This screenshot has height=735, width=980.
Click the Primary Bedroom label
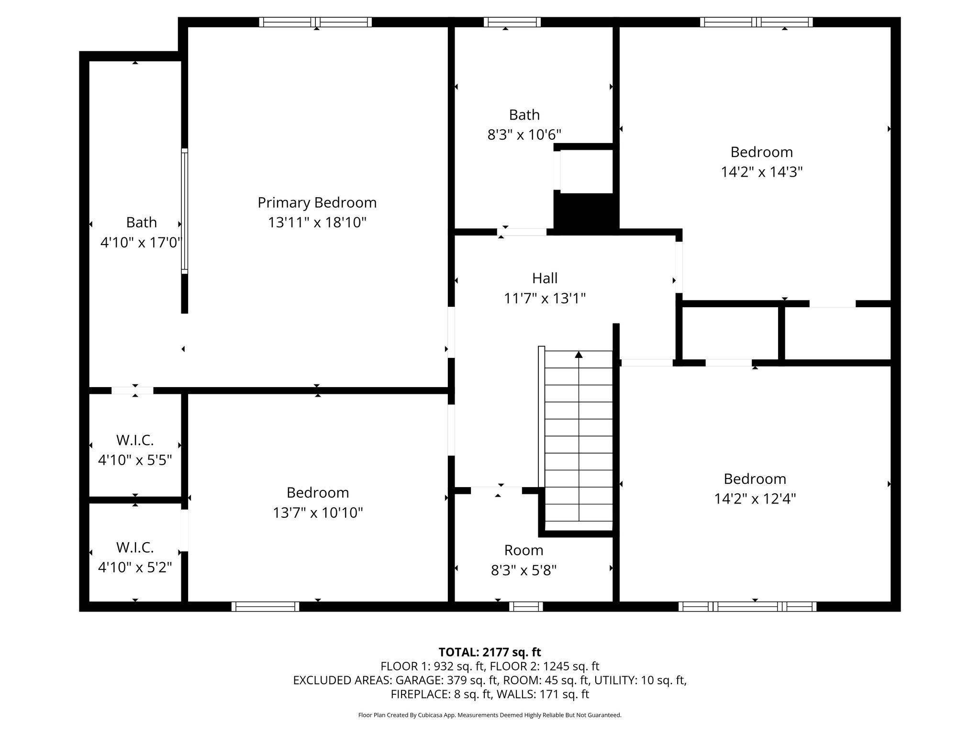(x=317, y=203)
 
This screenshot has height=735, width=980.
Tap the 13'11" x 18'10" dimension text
(x=317, y=223)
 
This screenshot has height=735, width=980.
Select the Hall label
(x=545, y=278)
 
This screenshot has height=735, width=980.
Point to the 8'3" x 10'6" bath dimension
(x=524, y=135)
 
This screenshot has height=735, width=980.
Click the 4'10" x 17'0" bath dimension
(x=142, y=243)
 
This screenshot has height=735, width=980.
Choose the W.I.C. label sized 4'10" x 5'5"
(x=135, y=440)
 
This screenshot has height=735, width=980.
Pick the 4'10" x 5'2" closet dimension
(x=135, y=568)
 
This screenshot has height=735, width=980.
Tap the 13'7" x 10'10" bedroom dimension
(x=318, y=513)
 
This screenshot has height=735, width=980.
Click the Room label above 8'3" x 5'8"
(x=524, y=550)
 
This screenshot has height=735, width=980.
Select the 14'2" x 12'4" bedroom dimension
(x=755, y=499)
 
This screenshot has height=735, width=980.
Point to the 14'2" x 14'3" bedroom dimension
(x=762, y=172)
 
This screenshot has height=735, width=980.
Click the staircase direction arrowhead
(x=579, y=355)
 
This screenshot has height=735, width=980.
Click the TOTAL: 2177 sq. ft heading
(x=490, y=652)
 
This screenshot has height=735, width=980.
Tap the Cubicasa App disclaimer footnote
(x=490, y=715)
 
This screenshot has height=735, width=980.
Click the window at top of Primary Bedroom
(x=316, y=22)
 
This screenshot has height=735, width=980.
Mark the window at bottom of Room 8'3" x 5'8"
(x=526, y=607)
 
